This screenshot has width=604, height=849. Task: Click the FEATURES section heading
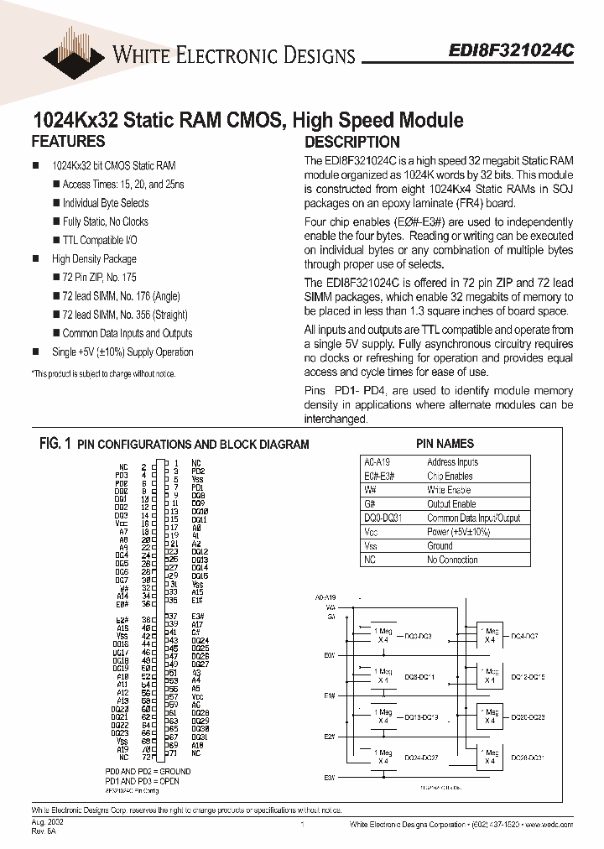[x=68, y=142]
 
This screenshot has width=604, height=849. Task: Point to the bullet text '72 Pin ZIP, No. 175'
[x=99, y=277]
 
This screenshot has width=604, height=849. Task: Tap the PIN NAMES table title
[x=445, y=444]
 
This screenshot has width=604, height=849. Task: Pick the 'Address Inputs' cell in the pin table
[x=452, y=462]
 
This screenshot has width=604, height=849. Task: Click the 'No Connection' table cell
[x=452, y=560]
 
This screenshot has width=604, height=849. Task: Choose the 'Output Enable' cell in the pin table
[x=451, y=504]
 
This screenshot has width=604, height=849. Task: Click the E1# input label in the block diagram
[x=330, y=696]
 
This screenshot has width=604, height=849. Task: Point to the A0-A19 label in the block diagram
[x=325, y=597]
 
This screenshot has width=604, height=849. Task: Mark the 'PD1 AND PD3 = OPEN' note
[x=142, y=781]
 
